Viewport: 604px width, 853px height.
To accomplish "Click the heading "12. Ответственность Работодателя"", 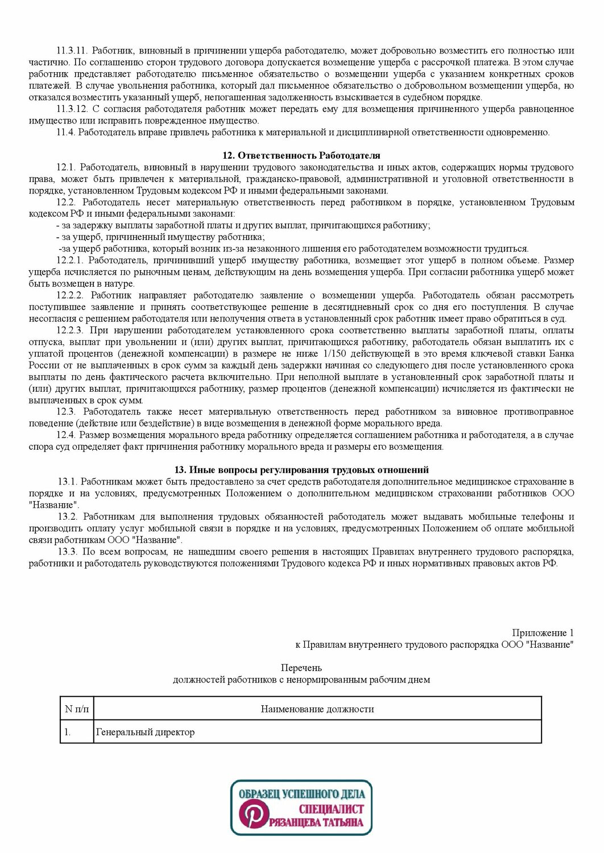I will point(301,155).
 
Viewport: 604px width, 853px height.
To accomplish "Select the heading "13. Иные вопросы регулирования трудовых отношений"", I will point(301,470).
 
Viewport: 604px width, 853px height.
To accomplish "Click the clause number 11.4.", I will point(65,132).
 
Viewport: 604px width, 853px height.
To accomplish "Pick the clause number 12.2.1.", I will point(70,260).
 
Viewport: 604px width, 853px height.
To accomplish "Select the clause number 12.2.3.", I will point(70,330).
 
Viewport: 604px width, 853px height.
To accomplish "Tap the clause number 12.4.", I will point(66,434).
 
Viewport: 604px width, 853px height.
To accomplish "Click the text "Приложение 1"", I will point(543,632).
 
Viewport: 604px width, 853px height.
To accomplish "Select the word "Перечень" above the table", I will point(301,668).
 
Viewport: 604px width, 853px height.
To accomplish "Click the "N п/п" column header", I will point(77,709).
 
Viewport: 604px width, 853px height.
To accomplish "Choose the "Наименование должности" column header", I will point(317,709).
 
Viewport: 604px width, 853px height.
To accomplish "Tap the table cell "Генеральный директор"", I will point(145,732).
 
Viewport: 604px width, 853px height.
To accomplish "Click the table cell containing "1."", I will point(68,732).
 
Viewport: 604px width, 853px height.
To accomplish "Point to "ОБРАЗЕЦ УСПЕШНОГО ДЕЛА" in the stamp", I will point(301,794).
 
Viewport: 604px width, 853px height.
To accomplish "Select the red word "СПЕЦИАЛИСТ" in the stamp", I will point(330,809).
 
